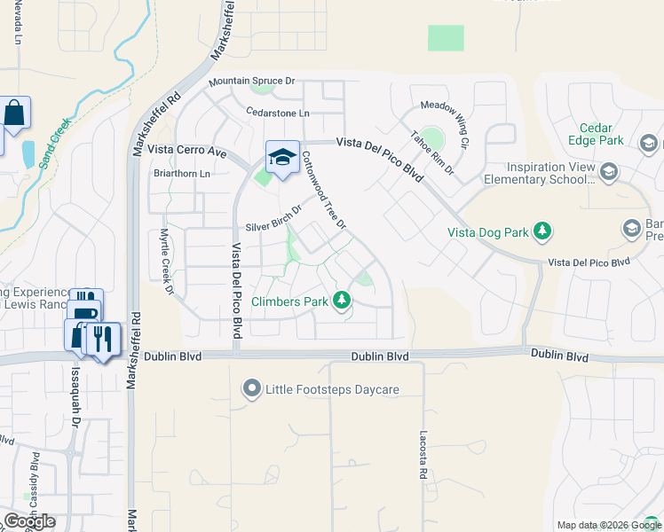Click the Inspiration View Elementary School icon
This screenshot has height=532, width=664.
click(x=608, y=172)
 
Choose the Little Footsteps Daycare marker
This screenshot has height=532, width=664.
click(x=251, y=389)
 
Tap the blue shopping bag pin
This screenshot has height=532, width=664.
click(x=15, y=113)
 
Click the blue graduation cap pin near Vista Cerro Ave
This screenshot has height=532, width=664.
click(x=283, y=158)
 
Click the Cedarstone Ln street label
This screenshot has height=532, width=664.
click(x=278, y=113)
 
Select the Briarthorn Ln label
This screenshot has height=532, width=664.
click(x=182, y=174)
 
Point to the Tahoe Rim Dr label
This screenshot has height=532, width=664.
click(x=432, y=153)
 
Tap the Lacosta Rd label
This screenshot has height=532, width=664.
click(x=423, y=456)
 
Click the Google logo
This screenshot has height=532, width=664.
click(x=29, y=521)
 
